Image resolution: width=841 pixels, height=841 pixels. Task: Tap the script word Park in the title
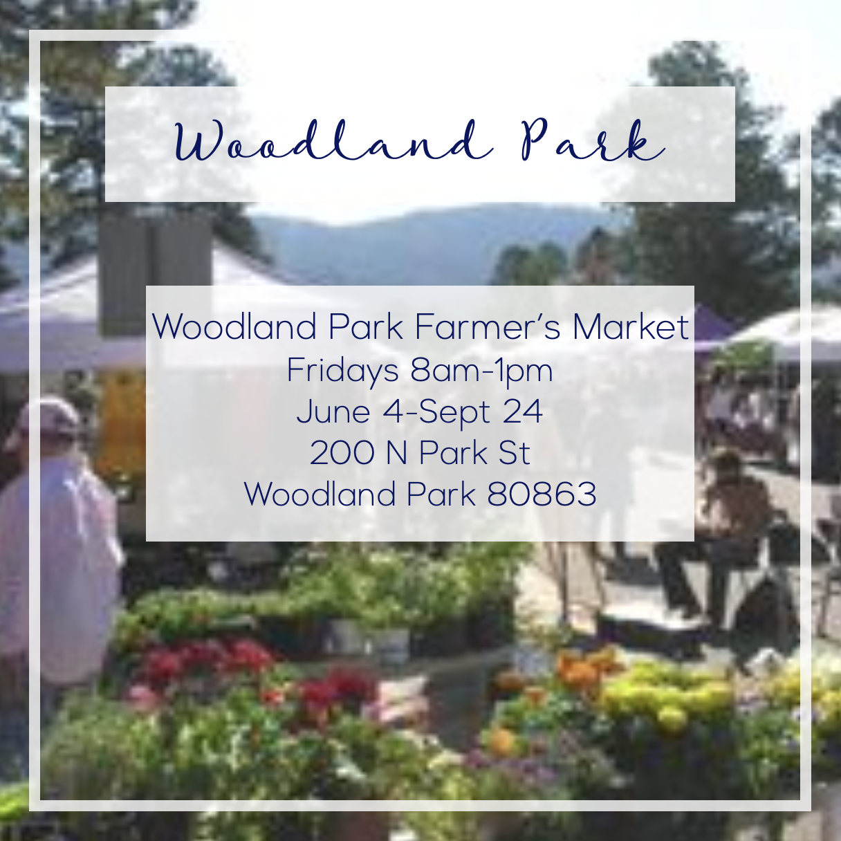click(593, 140)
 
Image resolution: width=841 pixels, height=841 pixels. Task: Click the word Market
click(631, 326)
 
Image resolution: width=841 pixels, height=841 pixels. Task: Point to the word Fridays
click(342, 371)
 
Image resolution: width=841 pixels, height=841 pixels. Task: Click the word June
click(333, 411)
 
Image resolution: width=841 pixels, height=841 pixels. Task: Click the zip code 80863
click(542, 495)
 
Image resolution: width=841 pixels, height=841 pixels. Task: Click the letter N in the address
click(397, 453)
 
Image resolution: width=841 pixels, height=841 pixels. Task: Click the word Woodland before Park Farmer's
click(234, 326)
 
